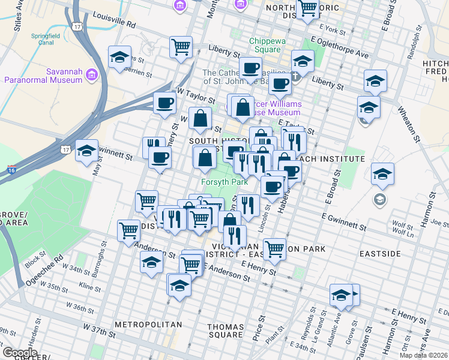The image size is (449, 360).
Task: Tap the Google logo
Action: [x=20, y=352]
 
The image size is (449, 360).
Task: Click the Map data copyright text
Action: [x=423, y=355]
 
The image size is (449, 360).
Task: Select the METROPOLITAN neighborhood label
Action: [x=148, y=325]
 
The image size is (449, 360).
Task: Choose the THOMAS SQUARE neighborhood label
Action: [x=225, y=331]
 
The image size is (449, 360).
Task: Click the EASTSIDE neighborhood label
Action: [x=380, y=254]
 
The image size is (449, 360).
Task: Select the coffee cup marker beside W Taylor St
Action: [x=164, y=103]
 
